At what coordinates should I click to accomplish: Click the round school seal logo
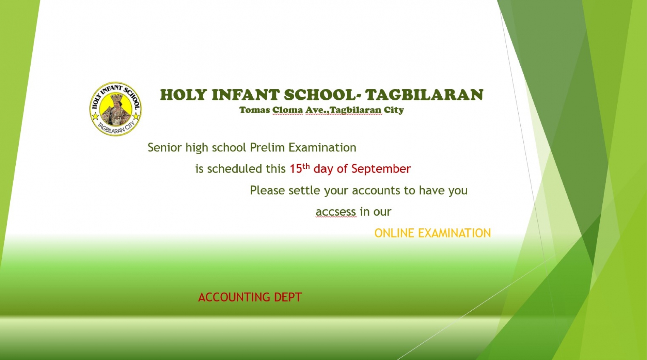(x=116, y=109)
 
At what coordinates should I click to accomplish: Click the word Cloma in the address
(x=287, y=110)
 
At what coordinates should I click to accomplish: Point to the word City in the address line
(x=394, y=110)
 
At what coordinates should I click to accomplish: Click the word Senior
(x=165, y=147)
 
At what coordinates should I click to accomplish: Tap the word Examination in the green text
(x=322, y=147)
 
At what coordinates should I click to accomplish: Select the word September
(x=381, y=169)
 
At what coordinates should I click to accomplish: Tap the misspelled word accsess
(x=336, y=212)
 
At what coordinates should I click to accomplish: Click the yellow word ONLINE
(x=394, y=233)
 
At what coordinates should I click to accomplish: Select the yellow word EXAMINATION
(x=455, y=233)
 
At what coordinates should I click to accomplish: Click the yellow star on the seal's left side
(x=95, y=117)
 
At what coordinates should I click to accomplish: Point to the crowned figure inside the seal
(x=115, y=109)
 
